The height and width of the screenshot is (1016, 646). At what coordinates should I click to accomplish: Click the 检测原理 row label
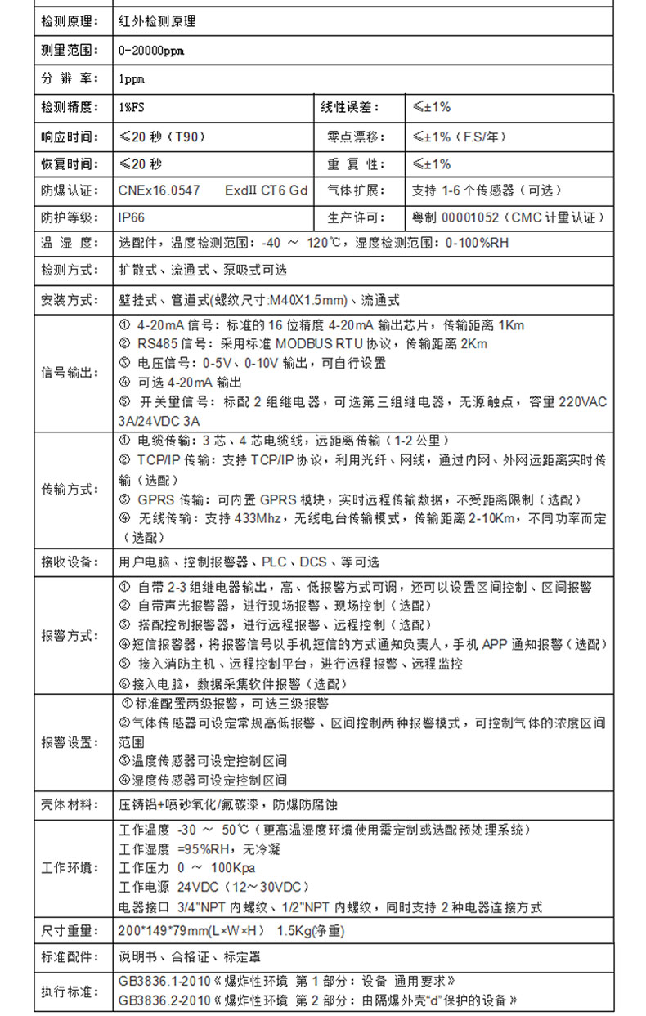tap(69, 22)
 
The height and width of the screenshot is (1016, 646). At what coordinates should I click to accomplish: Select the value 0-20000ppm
tap(151, 51)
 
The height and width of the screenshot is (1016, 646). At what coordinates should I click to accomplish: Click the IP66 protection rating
tap(132, 217)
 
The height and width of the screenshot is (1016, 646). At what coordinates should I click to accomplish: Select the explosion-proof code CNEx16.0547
tap(159, 190)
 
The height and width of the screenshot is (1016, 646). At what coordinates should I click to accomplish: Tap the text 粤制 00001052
tap(451, 217)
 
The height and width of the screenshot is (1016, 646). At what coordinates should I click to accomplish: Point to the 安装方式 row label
tap(69, 299)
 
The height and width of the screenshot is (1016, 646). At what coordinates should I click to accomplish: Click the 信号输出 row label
tap(69, 373)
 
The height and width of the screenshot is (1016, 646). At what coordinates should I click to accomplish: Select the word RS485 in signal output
tap(155, 343)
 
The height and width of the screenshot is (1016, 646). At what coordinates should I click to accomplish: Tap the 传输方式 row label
tap(69, 489)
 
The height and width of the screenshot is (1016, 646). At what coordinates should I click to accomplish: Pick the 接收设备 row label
tap(69, 562)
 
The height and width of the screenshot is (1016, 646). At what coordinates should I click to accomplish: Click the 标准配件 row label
tap(69, 956)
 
